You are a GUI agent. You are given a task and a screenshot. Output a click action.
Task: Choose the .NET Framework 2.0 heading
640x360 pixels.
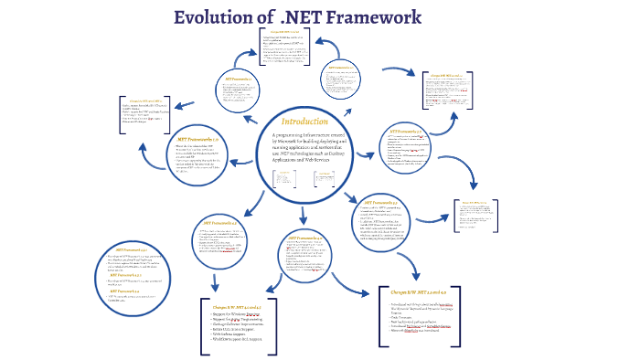coord(342,68)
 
